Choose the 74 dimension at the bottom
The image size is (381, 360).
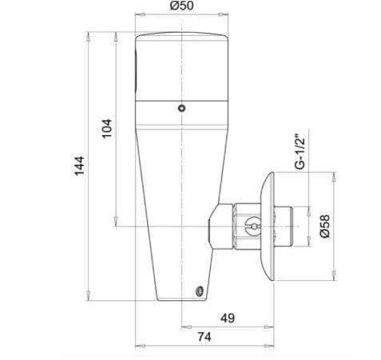(x=206, y=338)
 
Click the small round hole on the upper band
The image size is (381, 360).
(x=182, y=108)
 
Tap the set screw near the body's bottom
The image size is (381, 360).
(x=199, y=291)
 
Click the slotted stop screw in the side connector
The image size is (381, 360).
(x=249, y=227)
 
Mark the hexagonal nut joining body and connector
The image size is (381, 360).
(x=217, y=227)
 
